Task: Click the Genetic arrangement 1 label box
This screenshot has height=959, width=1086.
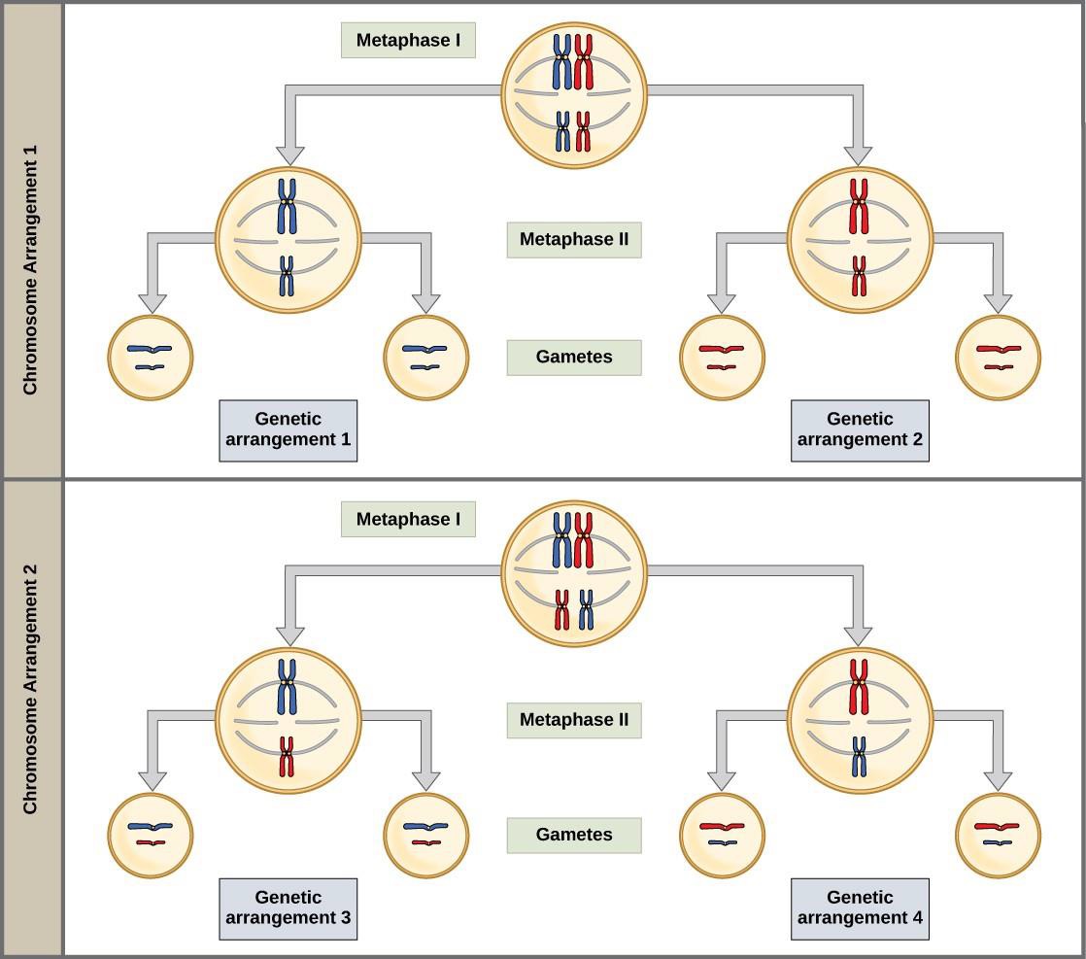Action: [288, 429]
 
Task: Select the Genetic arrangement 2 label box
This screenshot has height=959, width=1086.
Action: [860, 429]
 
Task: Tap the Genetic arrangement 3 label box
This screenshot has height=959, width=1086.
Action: [288, 908]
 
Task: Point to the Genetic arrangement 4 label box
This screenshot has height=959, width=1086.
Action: [860, 908]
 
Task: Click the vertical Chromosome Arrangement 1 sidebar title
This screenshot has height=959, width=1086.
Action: [30, 241]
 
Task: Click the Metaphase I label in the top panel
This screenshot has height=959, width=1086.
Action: [408, 41]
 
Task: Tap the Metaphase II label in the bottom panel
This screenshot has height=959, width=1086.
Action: [573, 720]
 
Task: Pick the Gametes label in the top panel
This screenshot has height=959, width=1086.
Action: [573, 357]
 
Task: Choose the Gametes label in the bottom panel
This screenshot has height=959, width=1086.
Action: [573, 835]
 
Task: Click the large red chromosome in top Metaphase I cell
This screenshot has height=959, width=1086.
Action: [584, 62]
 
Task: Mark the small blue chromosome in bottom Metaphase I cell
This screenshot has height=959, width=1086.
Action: [586, 610]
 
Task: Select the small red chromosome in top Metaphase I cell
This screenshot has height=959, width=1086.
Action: [583, 132]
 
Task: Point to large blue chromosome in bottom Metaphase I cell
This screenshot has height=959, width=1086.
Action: [562, 540]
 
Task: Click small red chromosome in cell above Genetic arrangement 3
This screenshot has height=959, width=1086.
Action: [287, 757]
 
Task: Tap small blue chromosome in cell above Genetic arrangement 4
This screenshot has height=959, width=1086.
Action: [859, 757]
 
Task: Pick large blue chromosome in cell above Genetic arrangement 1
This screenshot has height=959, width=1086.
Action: [287, 204]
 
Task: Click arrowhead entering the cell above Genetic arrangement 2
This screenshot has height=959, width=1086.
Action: [858, 154]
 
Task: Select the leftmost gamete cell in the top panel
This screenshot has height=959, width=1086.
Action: [150, 358]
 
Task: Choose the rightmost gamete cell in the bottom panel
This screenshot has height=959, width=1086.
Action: [998, 836]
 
